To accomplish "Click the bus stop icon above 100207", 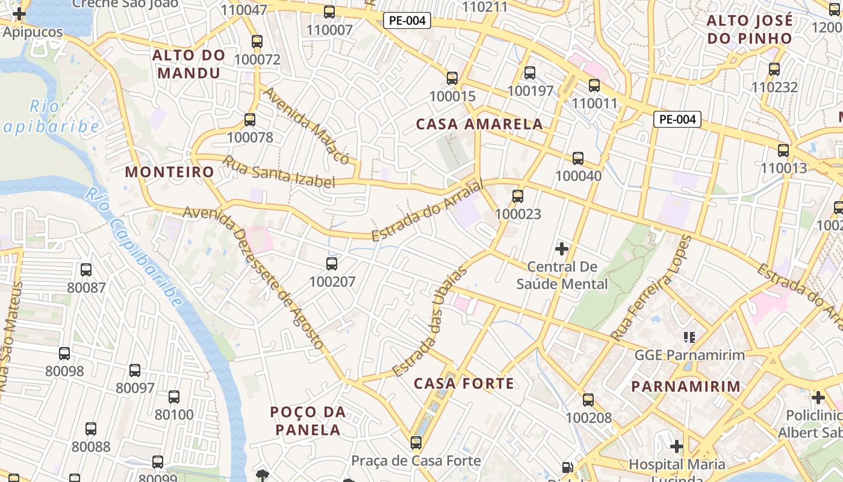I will pyautogui.click(x=331, y=263).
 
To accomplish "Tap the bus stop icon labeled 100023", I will pyautogui.click(x=517, y=196).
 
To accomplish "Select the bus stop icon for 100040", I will pyautogui.click(x=578, y=158).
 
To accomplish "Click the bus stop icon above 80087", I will pyautogui.click(x=86, y=269).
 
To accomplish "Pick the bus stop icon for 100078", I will pyautogui.click(x=250, y=120).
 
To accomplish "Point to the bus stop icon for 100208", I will pyautogui.click(x=588, y=399).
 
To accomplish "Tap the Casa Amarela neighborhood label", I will pyautogui.click(x=479, y=125).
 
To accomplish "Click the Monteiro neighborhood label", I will pyautogui.click(x=169, y=172).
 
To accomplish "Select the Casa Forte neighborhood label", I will pyautogui.click(x=464, y=383).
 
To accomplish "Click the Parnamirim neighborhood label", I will pyautogui.click(x=685, y=386).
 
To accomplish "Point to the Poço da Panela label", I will pyautogui.click(x=308, y=421).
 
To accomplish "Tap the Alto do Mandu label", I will pyautogui.click(x=188, y=64).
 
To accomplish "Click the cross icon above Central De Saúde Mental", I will pyautogui.click(x=562, y=248).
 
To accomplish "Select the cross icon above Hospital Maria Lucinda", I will pyautogui.click(x=677, y=446).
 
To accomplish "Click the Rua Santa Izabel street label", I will pyautogui.click(x=279, y=172).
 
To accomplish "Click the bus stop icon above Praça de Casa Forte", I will pyautogui.click(x=415, y=443).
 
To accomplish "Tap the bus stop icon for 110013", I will pyautogui.click(x=783, y=150).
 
